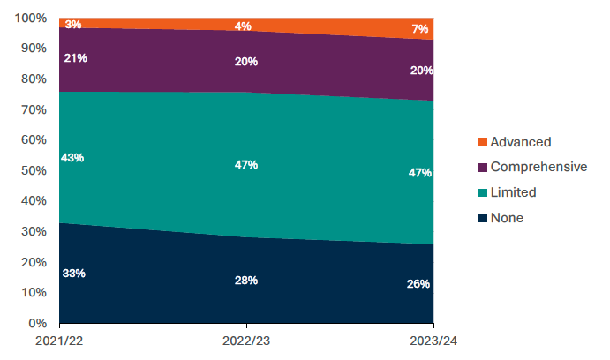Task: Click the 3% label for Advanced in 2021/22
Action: (73, 25)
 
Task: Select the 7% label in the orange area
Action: (421, 30)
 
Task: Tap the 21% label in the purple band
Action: (73, 58)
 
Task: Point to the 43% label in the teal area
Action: (73, 158)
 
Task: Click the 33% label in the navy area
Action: (73, 274)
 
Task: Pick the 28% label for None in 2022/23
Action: (245, 281)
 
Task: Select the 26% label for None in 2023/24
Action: (419, 284)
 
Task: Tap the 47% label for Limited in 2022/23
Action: (245, 165)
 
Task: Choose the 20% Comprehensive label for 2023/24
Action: (419, 71)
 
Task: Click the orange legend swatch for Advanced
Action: (481, 142)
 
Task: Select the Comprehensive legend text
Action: (538, 167)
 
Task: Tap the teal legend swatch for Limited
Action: (481, 192)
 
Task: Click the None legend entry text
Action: (507, 218)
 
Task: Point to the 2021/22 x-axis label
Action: (59, 341)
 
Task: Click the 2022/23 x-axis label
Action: (246, 341)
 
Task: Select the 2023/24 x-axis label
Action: (433, 341)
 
